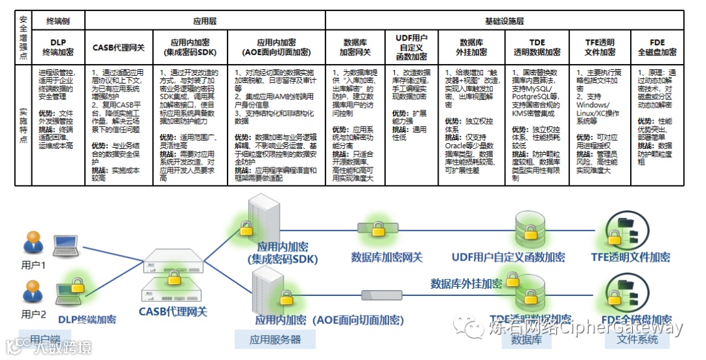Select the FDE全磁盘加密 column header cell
(x=657, y=46)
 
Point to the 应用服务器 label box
(x=275, y=339)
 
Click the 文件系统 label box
(x=637, y=339)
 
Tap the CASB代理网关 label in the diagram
(x=173, y=312)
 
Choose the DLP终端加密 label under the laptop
(x=87, y=319)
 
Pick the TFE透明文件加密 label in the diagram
(x=630, y=257)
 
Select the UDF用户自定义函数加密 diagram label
(x=509, y=257)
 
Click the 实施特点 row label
(x=23, y=123)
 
